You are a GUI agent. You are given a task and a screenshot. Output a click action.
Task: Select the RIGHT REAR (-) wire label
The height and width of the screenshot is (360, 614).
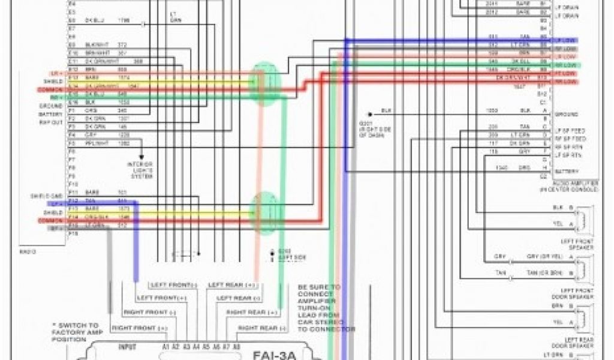coord(257,328)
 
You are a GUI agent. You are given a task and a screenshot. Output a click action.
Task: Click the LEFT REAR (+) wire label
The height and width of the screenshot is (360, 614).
coord(232,284)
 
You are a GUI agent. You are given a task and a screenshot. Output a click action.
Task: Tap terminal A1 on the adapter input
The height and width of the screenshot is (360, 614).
coord(165,347)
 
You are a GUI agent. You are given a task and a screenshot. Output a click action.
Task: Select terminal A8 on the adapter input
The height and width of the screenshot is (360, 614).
coord(236,347)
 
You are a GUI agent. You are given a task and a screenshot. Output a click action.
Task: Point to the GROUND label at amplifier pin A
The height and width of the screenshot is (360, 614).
coord(567,114)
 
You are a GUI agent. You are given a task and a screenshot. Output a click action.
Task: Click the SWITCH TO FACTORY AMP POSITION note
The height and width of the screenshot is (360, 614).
coord(78,332)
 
